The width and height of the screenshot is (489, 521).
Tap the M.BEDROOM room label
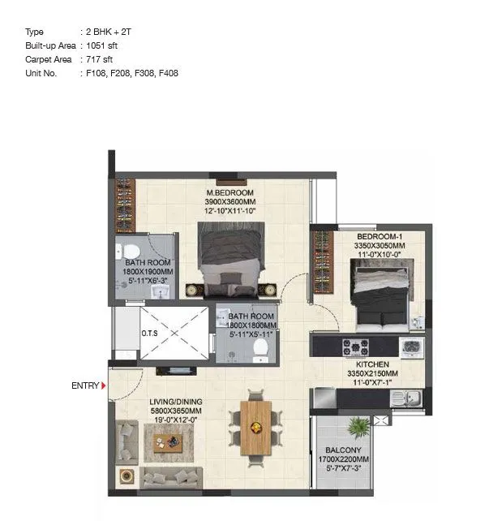point(230,193)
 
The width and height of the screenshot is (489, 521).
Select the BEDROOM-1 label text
point(379,237)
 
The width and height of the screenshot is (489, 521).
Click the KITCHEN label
point(371,365)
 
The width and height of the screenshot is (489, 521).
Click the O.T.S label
point(149,332)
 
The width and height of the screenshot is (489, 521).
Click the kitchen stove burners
point(355,347)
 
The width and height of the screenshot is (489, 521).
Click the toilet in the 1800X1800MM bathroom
point(260,348)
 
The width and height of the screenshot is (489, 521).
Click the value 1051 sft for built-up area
point(101,45)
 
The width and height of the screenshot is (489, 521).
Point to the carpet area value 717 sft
point(98,59)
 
